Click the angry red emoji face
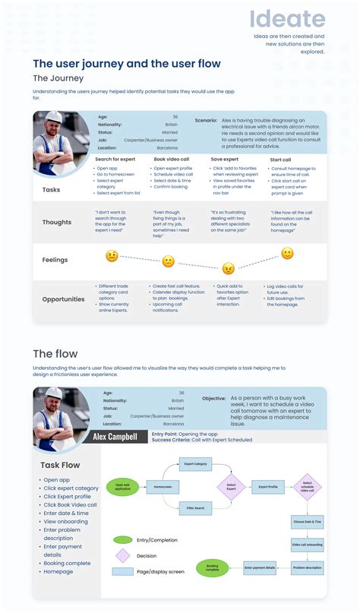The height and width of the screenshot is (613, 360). [227, 267]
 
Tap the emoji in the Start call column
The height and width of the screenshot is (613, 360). [287, 253]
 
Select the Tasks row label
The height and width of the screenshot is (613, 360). [51, 190]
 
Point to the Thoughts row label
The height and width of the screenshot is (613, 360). [57, 223]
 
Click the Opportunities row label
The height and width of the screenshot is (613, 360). [63, 299]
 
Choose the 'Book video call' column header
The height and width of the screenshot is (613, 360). [171, 159]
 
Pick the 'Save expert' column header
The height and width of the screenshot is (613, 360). [225, 159]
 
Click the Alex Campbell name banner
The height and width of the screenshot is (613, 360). [115, 437]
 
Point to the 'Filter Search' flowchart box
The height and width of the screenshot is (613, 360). [195, 507]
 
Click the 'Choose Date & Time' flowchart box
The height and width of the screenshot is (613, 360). [307, 523]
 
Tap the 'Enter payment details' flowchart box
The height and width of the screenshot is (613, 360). [260, 567]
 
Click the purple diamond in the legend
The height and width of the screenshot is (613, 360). [122, 555]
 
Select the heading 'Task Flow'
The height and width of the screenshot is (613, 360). [60, 465]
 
